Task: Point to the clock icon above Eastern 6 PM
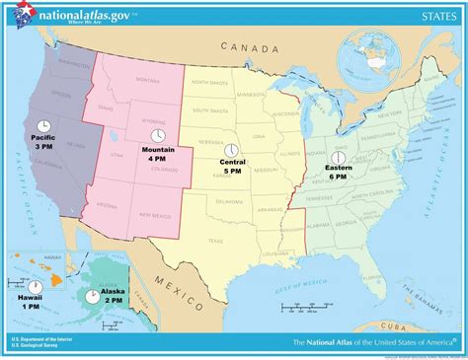pyautogui.click(x=338, y=157)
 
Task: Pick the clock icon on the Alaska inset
pyautogui.click(x=93, y=294)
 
